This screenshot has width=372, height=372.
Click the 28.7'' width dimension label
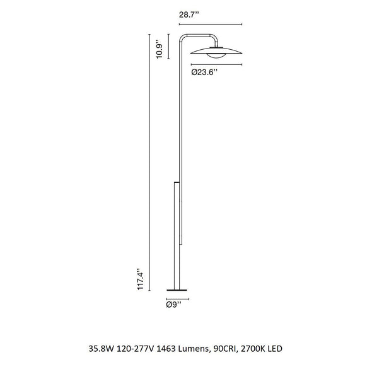(189, 15)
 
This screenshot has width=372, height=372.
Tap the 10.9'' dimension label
(159, 51)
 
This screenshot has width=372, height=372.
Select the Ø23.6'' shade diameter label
(204, 72)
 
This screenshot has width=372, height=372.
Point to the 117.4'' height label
(141, 279)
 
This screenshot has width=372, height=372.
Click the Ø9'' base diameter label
(173, 305)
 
